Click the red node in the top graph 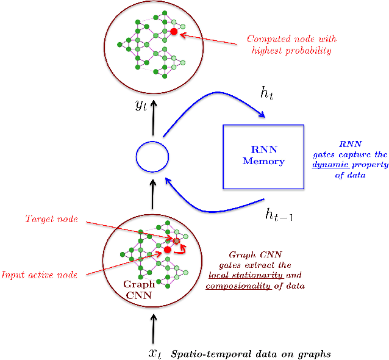[174, 31]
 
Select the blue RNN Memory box [263, 156]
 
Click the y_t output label [141, 104]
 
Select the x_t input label [156, 353]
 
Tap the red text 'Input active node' [39, 275]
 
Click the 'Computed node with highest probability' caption [291, 45]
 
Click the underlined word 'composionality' [238, 286]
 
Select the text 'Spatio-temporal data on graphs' [251, 354]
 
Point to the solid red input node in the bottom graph [167, 250]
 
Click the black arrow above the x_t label [153, 328]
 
